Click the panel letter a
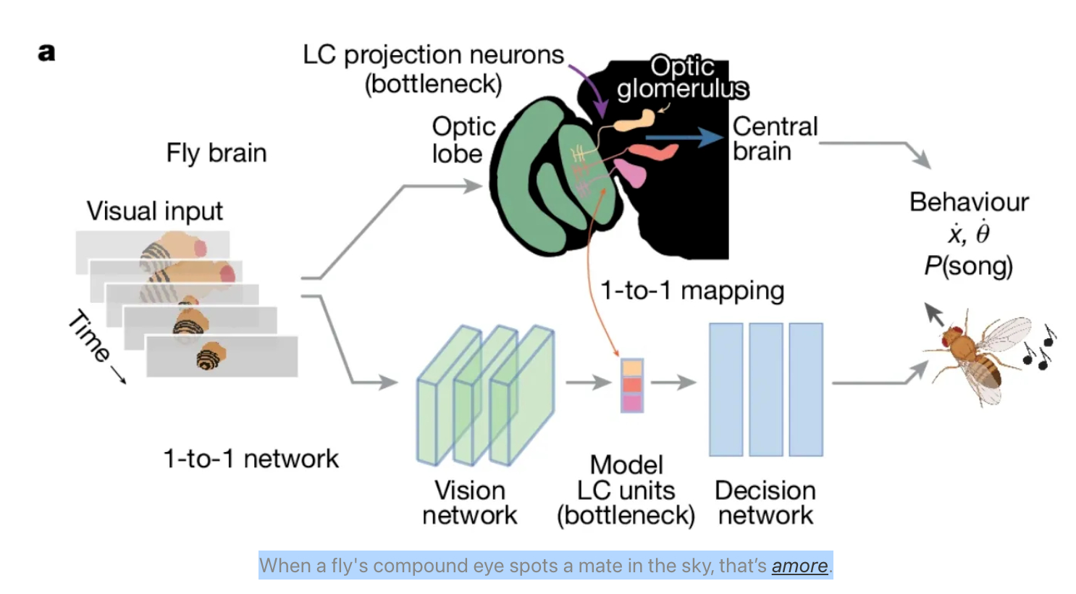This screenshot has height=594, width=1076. [x=46, y=52]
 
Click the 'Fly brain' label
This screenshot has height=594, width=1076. [x=216, y=153]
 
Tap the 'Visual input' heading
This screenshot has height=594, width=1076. [x=154, y=211]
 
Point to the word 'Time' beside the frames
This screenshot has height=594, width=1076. [x=89, y=335]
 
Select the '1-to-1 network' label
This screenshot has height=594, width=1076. [x=251, y=459]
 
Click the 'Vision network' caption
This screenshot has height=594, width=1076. [x=469, y=503]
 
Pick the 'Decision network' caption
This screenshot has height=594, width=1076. [x=765, y=503]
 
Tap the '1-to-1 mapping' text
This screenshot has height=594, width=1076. [x=692, y=290]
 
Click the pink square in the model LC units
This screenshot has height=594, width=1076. [x=632, y=403]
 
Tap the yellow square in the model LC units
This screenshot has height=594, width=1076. [x=632, y=367]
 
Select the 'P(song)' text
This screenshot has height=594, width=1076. [x=968, y=266]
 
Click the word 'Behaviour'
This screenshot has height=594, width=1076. [x=969, y=202]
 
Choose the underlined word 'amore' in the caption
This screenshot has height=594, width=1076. [x=799, y=566]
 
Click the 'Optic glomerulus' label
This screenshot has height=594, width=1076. [x=682, y=77]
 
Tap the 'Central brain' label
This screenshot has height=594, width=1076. [x=774, y=138]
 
